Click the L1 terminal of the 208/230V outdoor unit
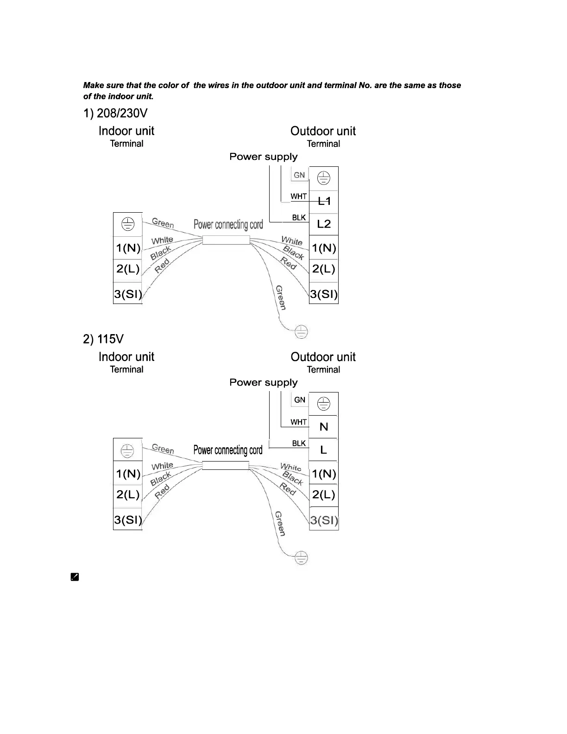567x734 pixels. point(324,201)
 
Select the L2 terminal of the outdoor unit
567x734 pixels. point(324,224)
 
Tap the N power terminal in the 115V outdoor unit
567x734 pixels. point(324,427)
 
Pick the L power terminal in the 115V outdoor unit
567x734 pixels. point(324,450)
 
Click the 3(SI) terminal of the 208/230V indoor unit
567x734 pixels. point(128,294)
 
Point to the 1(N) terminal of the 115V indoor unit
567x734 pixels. point(128,474)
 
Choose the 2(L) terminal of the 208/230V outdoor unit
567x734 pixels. point(324,269)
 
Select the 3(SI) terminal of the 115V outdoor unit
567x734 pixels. point(324,520)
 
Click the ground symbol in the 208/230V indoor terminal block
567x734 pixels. point(128,225)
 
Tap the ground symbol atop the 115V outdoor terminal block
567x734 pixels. point(324,404)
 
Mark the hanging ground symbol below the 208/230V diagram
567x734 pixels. point(301,332)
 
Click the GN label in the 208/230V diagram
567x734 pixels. point(299,175)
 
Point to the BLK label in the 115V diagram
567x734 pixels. point(299,443)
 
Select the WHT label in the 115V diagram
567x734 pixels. point(299,422)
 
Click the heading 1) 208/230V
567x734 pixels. point(115,114)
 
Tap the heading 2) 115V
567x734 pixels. point(103,339)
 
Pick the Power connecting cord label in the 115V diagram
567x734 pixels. point(228,450)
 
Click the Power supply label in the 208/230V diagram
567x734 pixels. point(264,157)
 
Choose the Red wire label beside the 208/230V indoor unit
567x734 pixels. point(162,266)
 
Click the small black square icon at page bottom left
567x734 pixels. point(75,577)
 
